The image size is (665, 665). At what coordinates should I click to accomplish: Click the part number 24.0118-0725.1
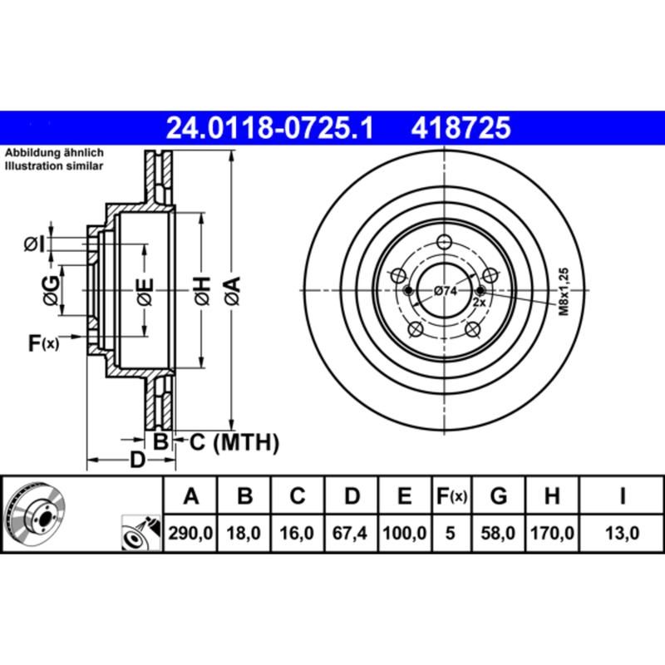click(x=271, y=128)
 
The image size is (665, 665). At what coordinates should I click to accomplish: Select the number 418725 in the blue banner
click(x=457, y=128)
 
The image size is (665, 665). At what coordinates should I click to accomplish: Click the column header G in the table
click(x=498, y=497)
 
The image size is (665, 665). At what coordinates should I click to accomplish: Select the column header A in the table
click(x=191, y=497)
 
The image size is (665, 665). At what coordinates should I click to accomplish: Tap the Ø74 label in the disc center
click(x=446, y=291)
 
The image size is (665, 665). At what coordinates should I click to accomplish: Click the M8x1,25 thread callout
click(x=563, y=290)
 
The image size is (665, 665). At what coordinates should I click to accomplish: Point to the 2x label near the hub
click(x=479, y=303)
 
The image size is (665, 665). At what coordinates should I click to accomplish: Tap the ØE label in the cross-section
click(x=145, y=290)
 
